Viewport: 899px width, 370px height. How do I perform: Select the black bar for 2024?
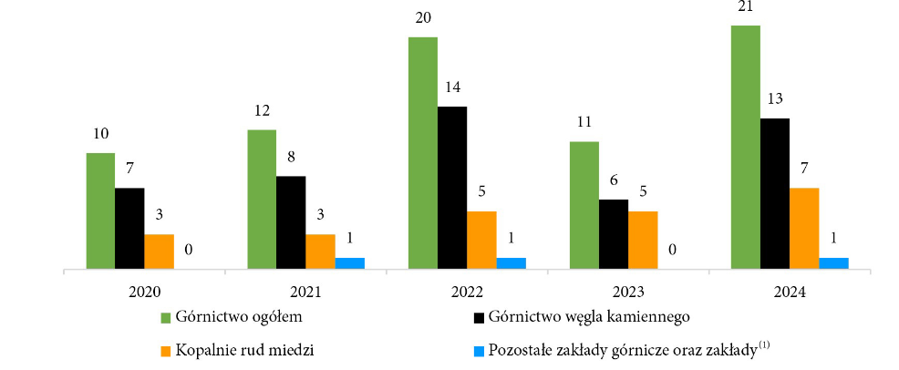(775, 193)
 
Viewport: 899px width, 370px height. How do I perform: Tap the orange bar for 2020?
(159, 252)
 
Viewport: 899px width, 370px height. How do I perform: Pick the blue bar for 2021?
(349, 263)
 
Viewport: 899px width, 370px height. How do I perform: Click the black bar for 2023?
(614, 234)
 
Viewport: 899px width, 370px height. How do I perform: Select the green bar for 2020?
(100, 211)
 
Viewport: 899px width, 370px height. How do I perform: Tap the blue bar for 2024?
(833, 263)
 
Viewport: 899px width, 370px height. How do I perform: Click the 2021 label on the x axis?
(305, 293)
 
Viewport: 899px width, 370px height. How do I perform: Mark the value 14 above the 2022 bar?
(452, 88)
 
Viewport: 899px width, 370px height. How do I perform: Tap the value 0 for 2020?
(188, 249)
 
